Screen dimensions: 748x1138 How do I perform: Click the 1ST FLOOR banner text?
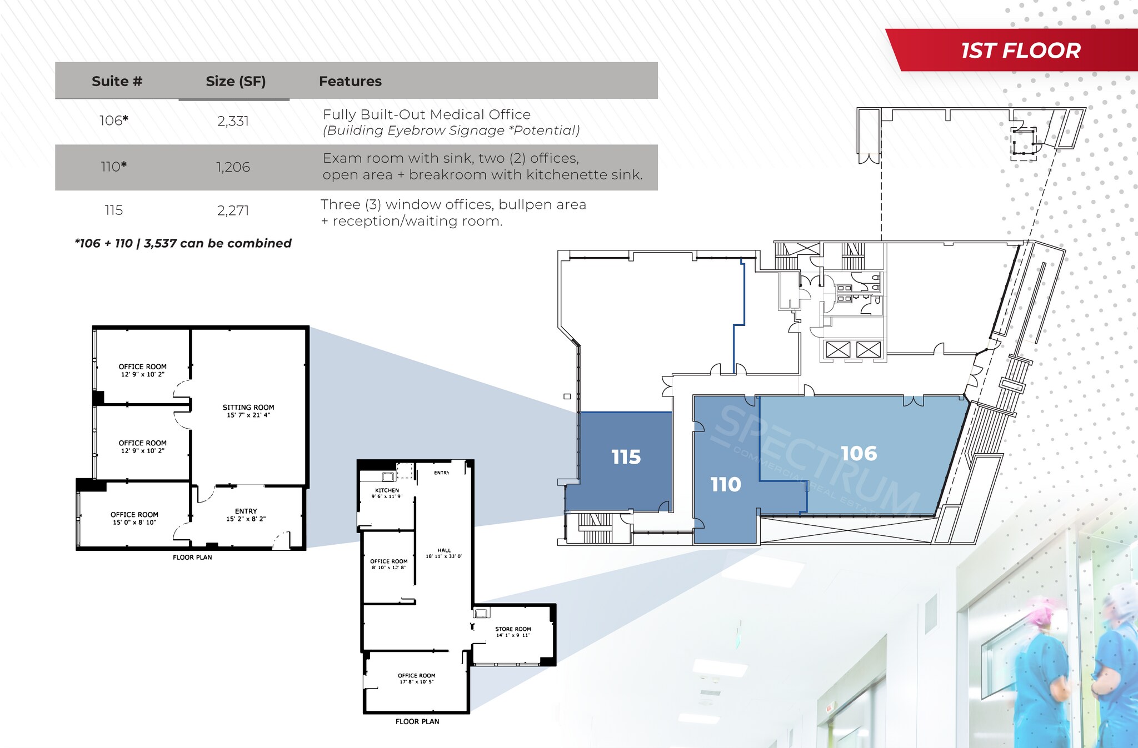[1021, 51]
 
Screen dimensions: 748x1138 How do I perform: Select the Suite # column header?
[117, 81]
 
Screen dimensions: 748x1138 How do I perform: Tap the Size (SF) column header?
[236, 81]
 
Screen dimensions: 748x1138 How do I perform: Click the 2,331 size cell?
[233, 121]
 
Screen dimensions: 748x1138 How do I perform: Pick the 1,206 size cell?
[233, 167]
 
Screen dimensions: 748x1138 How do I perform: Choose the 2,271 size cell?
[233, 210]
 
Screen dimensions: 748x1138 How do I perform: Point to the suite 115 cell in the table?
[113, 210]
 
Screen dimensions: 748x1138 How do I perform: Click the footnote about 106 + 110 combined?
[183, 243]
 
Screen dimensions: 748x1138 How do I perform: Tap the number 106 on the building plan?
[859, 454]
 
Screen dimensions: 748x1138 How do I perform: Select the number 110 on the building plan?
[726, 485]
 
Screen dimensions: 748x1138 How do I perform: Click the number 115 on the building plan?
[626, 457]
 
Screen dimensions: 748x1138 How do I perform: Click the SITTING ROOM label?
[248, 411]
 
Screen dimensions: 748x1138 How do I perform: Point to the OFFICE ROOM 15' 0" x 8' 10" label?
[134, 518]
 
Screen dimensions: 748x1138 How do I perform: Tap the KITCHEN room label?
[387, 493]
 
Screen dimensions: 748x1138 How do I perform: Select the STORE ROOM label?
[513, 632]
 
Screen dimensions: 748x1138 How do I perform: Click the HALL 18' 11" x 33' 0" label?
[443, 553]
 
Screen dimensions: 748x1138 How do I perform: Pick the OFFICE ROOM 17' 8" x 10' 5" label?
[417, 679]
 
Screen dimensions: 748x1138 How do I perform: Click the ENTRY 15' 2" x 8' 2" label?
[246, 515]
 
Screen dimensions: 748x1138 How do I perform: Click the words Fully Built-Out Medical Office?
[426, 114]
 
